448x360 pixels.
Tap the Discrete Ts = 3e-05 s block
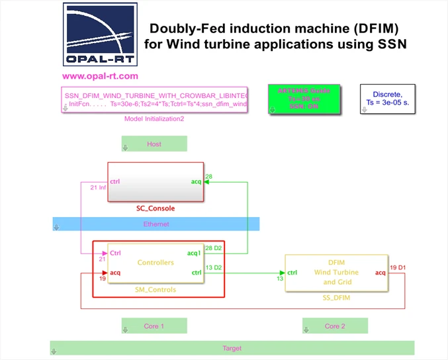388,99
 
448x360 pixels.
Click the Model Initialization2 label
154,119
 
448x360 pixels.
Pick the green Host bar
154,144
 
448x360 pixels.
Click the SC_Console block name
156,208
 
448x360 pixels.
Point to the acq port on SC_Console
196,181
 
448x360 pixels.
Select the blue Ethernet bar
156,224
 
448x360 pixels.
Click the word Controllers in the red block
156,263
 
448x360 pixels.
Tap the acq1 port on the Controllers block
195,253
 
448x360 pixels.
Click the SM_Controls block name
156,290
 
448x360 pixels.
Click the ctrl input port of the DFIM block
292,273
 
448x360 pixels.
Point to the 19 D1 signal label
398,267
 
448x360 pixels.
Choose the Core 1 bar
154,326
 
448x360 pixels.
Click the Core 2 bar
335,326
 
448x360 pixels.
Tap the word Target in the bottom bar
232,348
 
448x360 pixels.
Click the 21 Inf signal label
97,187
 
